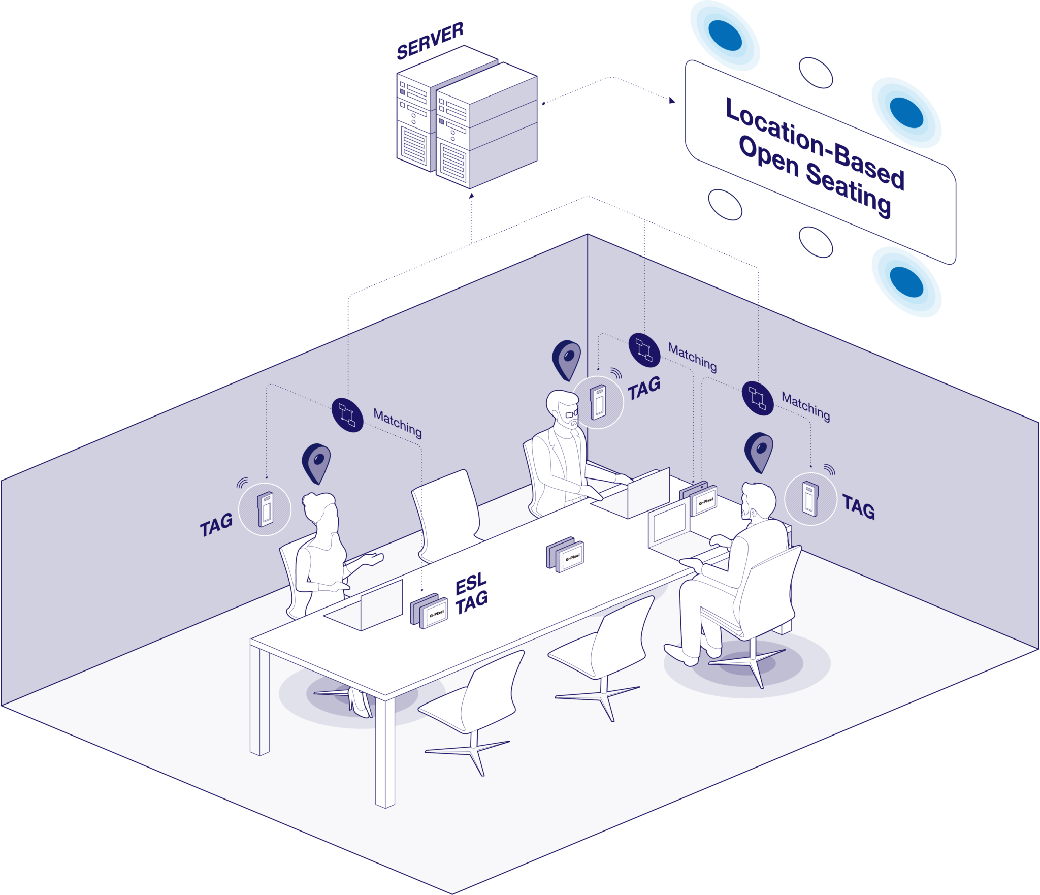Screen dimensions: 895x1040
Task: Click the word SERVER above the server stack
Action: tap(430, 41)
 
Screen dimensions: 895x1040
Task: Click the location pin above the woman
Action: tap(316, 463)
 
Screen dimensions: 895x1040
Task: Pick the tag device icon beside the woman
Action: tap(265, 509)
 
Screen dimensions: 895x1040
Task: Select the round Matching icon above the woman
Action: tap(347, 415)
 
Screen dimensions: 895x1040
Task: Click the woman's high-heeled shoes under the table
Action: tap(359, 702)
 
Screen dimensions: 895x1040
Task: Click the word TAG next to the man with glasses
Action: tap(644, 388)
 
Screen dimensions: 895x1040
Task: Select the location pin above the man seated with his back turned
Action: tap(759, 452)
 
